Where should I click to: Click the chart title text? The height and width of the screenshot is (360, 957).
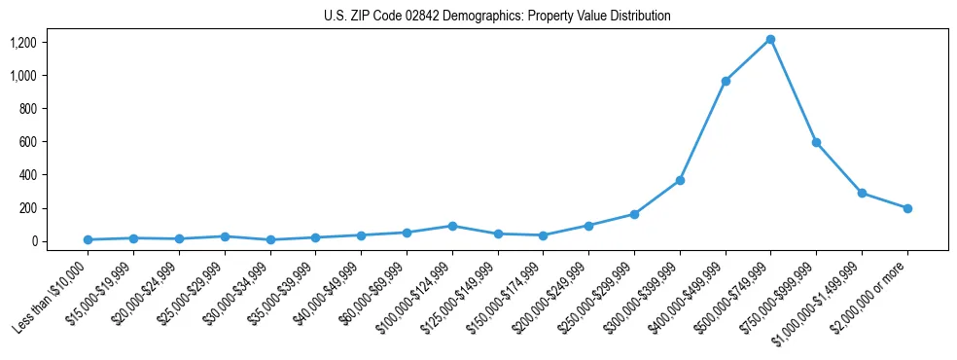tap(497, 17)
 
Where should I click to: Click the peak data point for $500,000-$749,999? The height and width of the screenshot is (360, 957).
tap(770, 39)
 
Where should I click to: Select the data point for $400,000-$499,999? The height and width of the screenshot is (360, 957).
tap(726, 81)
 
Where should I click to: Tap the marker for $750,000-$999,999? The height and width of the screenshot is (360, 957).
tap(816, 142)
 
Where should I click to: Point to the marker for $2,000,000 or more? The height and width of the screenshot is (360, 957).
tap(907, 208)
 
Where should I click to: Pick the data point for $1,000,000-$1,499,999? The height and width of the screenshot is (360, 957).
tap(862, 193)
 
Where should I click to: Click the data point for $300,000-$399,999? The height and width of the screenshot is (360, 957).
tap(680, 181)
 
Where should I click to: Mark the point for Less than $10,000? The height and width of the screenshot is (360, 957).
tap(89, 239)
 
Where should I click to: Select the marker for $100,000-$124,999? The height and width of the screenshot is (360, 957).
tap(452, 226)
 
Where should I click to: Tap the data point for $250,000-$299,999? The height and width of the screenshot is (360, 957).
tap(634, 214)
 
